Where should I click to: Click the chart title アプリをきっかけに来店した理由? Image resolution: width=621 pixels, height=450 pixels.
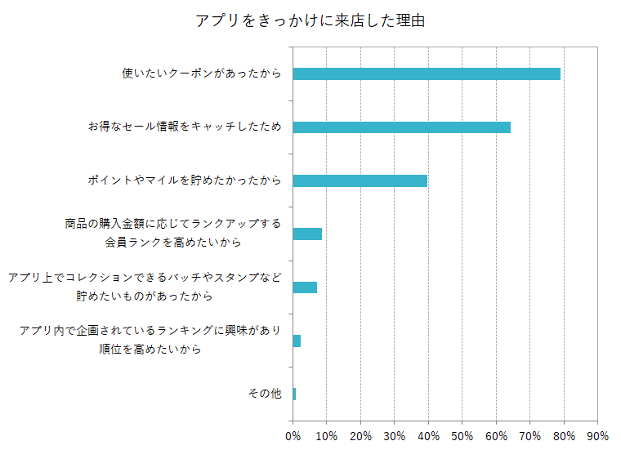click(x=310, y=20)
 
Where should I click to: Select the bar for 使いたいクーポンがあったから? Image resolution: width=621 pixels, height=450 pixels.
click(x=426, y=74)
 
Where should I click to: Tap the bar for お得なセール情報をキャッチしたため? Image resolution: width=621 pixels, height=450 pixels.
click(x=401, y=127)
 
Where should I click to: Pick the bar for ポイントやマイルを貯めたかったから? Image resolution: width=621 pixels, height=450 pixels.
click(x=360, y=180)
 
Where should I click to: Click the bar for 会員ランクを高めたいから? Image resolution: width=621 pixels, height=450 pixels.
click(x=307, y=234)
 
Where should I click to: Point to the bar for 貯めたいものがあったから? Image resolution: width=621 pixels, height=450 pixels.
click(x=305, y=287)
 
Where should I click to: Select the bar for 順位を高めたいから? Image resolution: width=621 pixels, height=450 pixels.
click(x=297, y=341)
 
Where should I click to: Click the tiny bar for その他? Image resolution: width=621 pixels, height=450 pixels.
click(x=294, y=394)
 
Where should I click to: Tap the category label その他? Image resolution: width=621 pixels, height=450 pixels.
click(x=265, y=394)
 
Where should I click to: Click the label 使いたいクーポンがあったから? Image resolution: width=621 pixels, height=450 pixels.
click(x=201, y=74)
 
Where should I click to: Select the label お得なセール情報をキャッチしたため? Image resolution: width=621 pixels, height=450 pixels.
click(x=185, y=127)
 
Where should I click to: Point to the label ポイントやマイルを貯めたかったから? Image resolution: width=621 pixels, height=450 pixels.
click(x=185, y=180)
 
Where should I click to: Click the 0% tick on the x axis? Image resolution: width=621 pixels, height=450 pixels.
click(x=293, y=435)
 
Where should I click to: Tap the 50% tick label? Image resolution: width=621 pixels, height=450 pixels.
click(x=462, y=435)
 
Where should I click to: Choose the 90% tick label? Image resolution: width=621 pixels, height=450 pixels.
click(x=597, y=435)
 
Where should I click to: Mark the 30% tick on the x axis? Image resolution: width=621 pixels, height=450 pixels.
click(x=394, y=435)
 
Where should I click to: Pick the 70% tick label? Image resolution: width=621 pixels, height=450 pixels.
click(x=529, y=435)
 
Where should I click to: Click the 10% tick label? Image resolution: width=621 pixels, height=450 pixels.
click(x=326, y=435)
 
